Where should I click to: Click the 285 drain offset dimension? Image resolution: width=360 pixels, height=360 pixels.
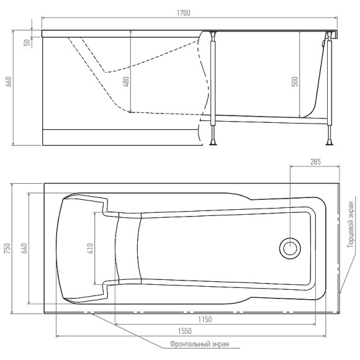coord(314,162)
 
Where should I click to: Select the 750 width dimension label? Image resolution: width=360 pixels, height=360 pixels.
coord(8,248)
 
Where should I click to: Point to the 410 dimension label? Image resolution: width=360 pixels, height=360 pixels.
coord(89,248)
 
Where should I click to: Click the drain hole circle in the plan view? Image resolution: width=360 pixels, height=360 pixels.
coord(290,248)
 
